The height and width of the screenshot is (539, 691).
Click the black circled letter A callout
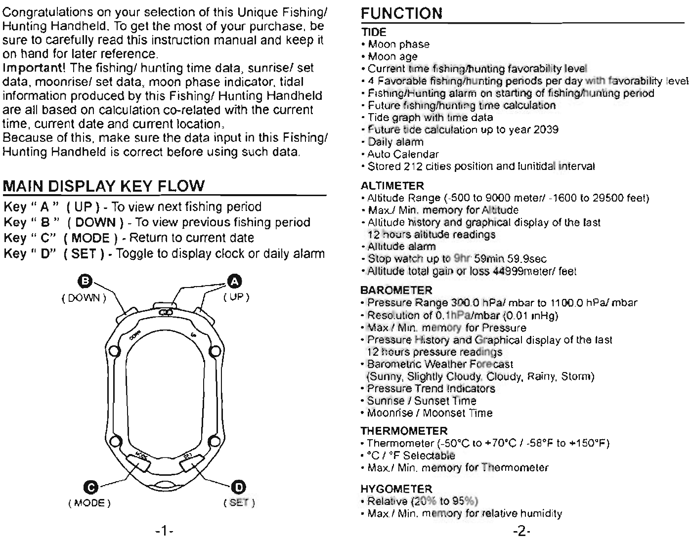pos(234,282)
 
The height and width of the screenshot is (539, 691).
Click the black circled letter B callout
pos(86,281)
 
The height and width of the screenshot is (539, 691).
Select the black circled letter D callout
pos(239,487)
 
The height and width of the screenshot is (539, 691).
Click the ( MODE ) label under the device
pos(89,503)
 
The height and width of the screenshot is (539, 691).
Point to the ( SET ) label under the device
pos(239,503)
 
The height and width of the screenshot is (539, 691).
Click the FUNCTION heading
pos(401,14)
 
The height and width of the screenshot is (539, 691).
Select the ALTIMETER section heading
pos(392,186)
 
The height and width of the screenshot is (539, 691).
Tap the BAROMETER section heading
pos(396,290)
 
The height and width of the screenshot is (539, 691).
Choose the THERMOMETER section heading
pos(404,431)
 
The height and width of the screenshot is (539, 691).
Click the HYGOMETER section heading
pos(396,489)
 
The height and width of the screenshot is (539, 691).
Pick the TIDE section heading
pos(374,33)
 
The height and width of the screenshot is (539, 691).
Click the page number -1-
pos(164,532)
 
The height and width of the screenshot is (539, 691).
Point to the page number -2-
pos(521,532)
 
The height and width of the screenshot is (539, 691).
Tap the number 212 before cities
pos(412,166)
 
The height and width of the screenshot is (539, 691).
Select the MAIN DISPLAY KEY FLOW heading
pos(103,186)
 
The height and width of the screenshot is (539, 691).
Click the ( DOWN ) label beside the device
pos(84,298)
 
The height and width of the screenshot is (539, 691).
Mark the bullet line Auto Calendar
pos(403,154)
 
